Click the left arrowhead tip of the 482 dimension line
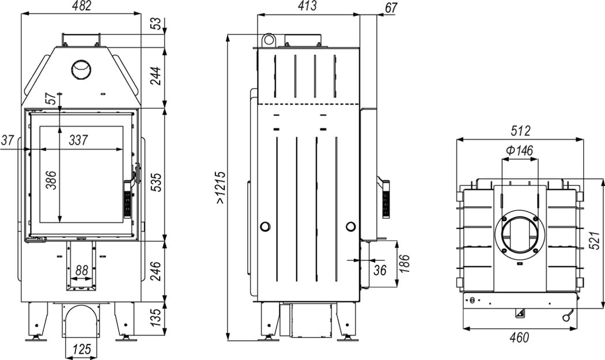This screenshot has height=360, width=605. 21,14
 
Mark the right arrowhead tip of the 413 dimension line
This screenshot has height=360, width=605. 360,14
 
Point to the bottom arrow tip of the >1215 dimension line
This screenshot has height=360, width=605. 229,341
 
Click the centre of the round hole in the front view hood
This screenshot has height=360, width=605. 81,70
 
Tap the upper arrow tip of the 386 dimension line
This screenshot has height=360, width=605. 59,127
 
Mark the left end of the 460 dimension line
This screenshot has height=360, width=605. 463,328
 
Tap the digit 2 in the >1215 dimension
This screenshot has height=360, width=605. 221,190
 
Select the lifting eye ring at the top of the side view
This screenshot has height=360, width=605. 269,40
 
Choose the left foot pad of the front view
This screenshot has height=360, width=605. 36,338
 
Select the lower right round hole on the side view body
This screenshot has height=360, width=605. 351,226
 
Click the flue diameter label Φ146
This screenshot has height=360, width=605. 519,150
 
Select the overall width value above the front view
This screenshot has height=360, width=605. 81,6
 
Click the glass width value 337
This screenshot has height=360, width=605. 78,139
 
